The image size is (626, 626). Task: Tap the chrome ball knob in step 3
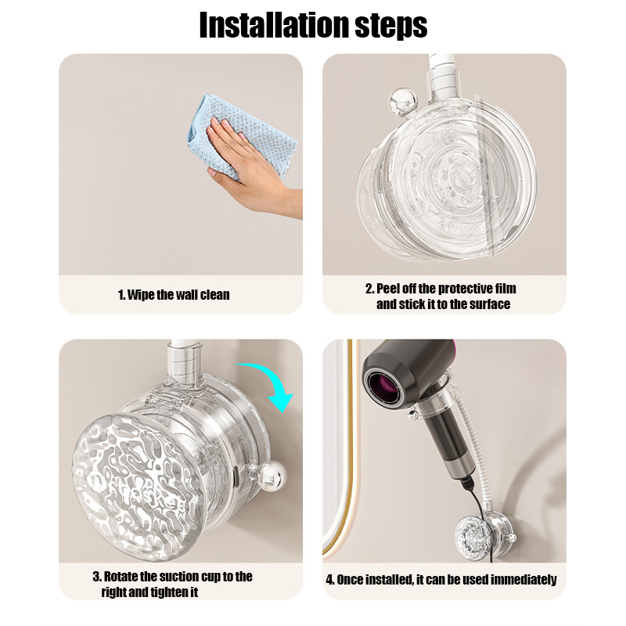pyautogui.click(x=272, y=475)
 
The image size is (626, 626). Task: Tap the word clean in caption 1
pyautogui.click(x=214, y=295)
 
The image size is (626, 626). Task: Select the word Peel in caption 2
pyautogui.click(x=388, y=289)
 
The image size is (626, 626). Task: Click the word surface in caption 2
pyautogui.click(x=490, y=304)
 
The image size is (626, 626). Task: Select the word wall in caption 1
pyautogui.click(x=187, y=295)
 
